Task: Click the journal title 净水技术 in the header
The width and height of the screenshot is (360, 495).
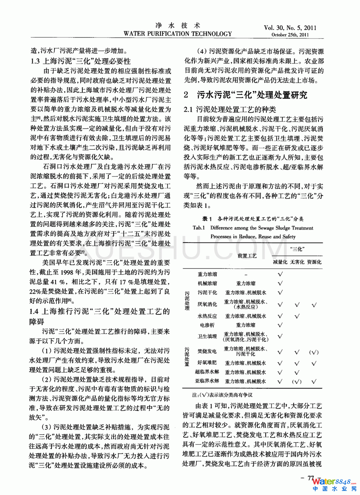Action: (178, 25)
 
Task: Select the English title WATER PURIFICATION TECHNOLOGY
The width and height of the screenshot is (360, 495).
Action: (178, 33)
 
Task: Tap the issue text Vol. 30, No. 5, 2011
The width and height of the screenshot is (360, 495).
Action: (290, 27)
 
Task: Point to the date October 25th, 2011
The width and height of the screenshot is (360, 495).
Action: (290, 35)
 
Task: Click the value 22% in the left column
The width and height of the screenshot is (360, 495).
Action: (35, 291)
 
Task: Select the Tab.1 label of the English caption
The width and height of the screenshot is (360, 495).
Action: (199, 228)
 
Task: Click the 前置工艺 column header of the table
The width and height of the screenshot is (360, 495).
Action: (247, 255)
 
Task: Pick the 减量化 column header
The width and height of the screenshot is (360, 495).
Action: (280, 262)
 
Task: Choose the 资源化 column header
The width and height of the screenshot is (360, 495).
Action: (314, 262)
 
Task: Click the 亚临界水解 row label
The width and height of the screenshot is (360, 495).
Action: (207, 381)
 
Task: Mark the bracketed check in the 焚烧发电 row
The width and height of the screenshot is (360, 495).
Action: (314, 352)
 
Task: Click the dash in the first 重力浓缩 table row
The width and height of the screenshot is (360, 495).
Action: (245, 274)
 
